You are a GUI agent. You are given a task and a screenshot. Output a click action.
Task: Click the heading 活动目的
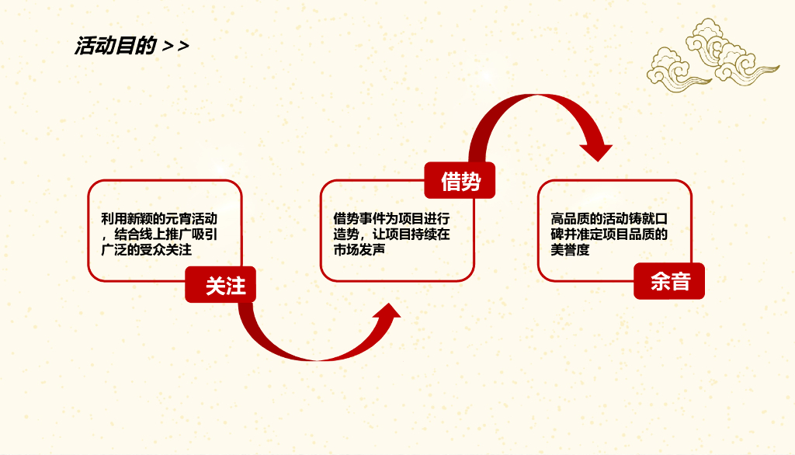click(115, 46)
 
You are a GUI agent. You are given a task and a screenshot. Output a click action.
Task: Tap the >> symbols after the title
click(176, 46)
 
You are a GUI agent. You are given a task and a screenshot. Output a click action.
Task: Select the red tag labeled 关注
click(225, 286)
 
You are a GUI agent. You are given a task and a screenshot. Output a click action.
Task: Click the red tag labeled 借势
click(460, 182)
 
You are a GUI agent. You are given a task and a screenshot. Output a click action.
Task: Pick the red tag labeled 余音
click(669, 281)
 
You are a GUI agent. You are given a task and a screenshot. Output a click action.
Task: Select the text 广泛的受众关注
click(147, 250)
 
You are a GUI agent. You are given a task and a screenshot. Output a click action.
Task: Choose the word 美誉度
click(570, 250)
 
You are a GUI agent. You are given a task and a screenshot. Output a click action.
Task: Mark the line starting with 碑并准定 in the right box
click(609, 234)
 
